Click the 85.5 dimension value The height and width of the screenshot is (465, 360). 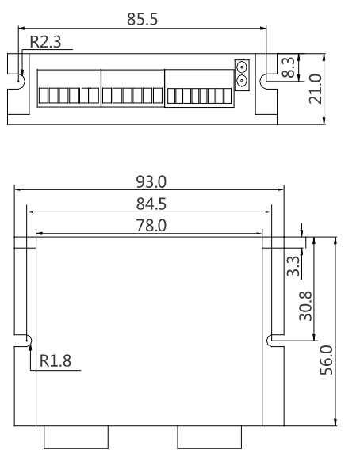tap(142, 18)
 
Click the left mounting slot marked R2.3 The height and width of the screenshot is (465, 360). tap(19, 78)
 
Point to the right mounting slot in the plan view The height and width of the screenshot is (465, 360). tap(272, 340)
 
